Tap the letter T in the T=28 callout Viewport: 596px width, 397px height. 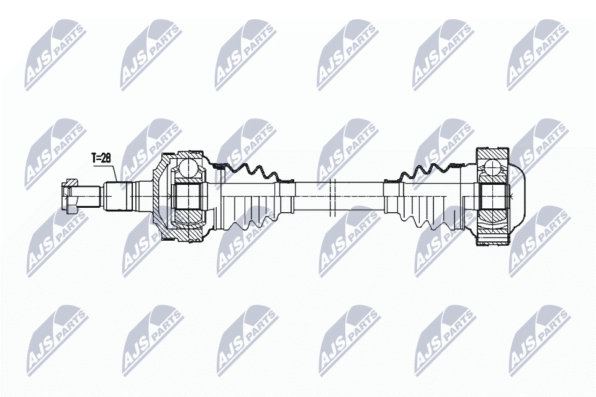click(x=93, y=158)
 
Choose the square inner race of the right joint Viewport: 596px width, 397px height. click(x=493, y=196)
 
